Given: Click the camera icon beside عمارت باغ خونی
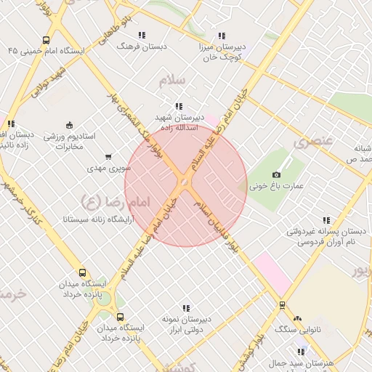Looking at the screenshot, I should pyautogui.click(x=276, y=174).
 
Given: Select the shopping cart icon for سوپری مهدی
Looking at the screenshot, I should pyautogui.click(x=109, y=155).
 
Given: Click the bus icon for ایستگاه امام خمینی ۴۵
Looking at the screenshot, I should pyautogui.click(x=46, y=41).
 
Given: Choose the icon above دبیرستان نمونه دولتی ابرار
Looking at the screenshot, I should pyautogui.click(x=186, y=307).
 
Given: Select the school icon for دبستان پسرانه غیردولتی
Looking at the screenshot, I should pyautogui.click(x=325, y=220).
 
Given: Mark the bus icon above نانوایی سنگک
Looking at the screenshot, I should pyautogui.click(x=282, y=305).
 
